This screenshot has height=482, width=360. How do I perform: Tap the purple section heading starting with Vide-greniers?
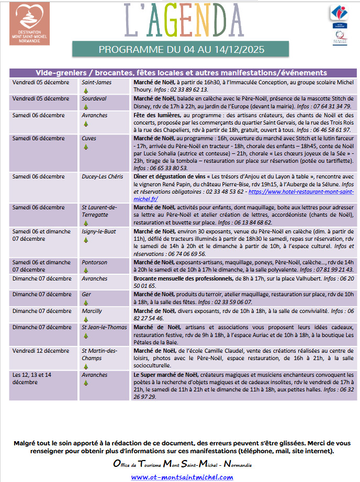coord(181,73)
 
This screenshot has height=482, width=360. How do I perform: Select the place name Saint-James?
coord(95,82)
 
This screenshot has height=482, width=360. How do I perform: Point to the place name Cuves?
coord(89,138)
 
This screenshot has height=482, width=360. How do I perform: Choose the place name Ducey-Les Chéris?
coord(103,177)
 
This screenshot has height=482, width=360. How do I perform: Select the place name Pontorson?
coord(94,262)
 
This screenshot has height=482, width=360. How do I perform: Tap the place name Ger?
coord(86,294)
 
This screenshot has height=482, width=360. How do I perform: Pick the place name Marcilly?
coord(92,311)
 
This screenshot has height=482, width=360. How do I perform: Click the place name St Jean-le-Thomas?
coord(104,327)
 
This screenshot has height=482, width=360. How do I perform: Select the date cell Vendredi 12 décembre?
coord(41,351)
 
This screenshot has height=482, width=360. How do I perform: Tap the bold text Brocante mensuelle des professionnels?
coord(183,278)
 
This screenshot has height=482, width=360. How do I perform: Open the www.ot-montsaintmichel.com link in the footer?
coord(182,477)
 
